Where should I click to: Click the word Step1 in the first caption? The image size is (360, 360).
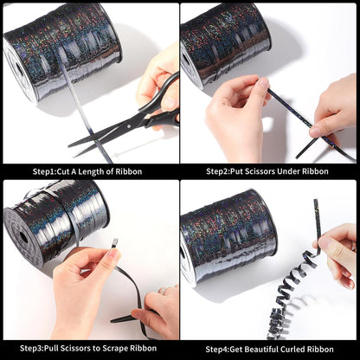tap(44, 171)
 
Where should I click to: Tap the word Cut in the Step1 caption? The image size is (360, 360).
tap(63, 171)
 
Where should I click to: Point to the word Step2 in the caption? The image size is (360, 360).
tap(217, 171)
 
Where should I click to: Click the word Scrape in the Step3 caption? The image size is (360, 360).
tap(115, 349)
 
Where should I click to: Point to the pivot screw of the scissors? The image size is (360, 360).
tap(127, 126)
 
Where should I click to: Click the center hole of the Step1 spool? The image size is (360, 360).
tap(19, 70)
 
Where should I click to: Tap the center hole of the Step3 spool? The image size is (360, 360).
tap(23, 238)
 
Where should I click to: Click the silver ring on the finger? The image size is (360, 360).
tap(164, 290)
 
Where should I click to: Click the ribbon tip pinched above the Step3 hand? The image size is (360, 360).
tap(114, 241)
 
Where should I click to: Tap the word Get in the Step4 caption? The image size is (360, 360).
tap(235, 350)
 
